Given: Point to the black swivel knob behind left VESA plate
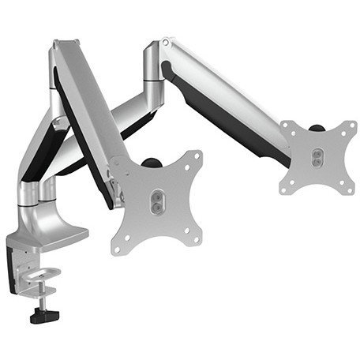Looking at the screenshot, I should pyautogui.click(x=151, y=163).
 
